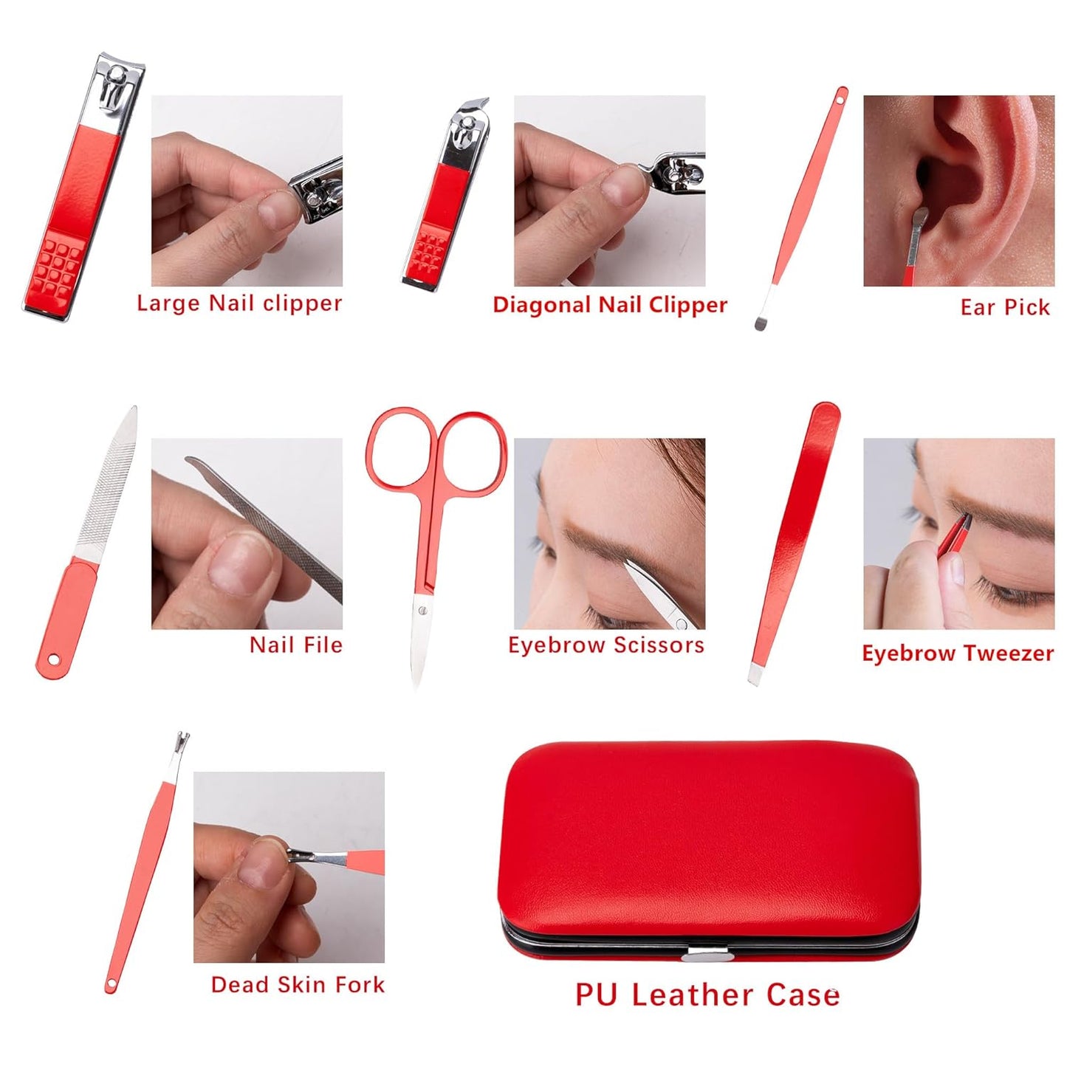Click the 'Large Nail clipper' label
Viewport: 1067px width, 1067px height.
239,303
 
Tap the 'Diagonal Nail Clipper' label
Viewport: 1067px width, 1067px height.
610,305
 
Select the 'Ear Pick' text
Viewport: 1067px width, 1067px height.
1004,307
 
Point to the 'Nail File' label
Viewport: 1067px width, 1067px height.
295,645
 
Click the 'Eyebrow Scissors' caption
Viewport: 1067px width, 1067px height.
605,645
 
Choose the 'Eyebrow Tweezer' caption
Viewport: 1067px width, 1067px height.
958,653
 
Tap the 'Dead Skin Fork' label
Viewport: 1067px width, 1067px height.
298,984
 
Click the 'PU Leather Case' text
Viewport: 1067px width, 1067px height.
707,995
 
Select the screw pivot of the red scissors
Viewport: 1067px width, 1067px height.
423,610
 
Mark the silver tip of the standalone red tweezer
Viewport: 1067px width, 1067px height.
754,674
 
